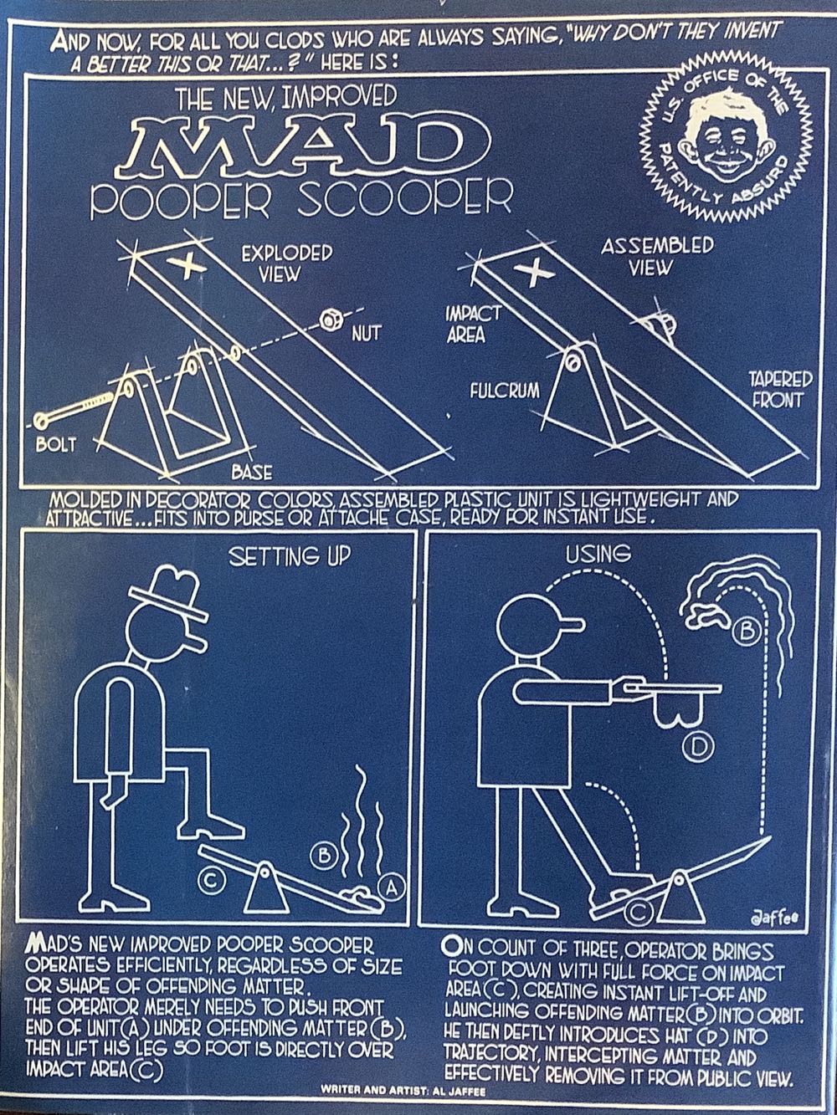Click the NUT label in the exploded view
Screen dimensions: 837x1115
click(366, 334)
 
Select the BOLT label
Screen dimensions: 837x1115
click(56, 444)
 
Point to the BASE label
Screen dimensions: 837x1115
click(252, 473)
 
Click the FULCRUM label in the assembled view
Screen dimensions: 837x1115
click(505, 391)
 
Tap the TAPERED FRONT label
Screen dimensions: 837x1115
click(780, 389)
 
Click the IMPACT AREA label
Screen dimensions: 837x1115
click(474, 324)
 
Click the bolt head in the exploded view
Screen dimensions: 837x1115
click(41, 421)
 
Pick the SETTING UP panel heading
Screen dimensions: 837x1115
click(290, 557)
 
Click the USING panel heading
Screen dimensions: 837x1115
click(598, 554)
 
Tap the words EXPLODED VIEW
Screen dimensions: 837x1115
click(286, 264)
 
